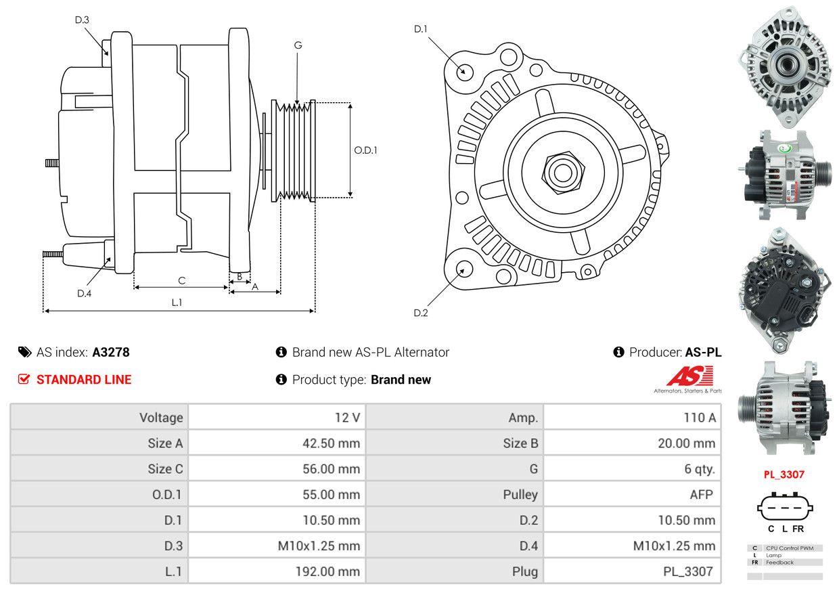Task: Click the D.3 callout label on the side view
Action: coord(82,20)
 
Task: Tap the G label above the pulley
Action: coord(298,45)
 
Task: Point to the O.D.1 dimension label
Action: coord(365,150)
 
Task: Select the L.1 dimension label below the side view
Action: coord(177,303)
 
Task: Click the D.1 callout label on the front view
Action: coord(421,29)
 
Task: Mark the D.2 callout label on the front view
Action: coord(421,313)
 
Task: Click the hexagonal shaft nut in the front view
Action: coord(563,173)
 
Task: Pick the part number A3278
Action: coord(111,353)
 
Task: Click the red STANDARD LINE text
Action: coord(84,380)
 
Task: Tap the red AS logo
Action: coord(689,376)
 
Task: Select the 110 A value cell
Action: coord(632,417)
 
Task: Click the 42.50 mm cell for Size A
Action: coord(277,443)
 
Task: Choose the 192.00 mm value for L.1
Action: coord(277,571)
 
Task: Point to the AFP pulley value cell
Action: coord(632,494)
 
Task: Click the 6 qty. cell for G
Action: coord(632,468)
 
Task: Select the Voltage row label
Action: coord(161,418)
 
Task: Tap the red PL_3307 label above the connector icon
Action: coord(784,475)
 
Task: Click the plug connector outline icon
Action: coord(785,508)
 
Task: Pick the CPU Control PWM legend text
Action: coord(790,548)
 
